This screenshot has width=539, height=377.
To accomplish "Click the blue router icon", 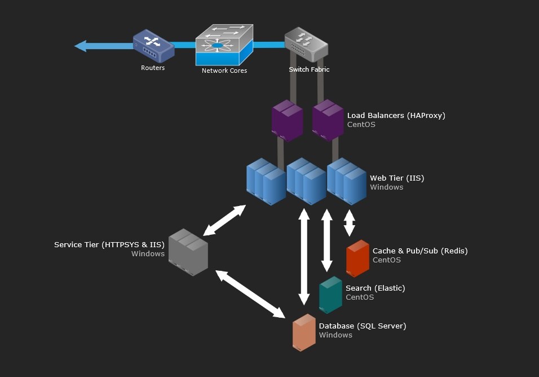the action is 154,46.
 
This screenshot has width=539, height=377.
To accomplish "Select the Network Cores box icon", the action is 224,45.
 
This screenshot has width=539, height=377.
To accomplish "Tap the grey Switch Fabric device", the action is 306,45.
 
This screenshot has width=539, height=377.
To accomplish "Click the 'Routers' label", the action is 153,68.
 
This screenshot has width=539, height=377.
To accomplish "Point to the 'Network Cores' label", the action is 224,71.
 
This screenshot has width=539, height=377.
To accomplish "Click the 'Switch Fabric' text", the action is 309,69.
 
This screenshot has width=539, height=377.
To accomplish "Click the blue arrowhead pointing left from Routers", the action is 81,46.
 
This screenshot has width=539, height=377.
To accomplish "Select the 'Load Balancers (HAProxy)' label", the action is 396,115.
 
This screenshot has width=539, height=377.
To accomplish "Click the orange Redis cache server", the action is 357,258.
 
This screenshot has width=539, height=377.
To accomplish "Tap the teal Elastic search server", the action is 330,295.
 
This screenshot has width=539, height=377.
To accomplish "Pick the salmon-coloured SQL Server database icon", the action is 304,332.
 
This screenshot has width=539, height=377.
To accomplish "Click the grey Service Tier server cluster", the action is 188,252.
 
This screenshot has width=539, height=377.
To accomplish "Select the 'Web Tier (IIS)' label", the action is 397,178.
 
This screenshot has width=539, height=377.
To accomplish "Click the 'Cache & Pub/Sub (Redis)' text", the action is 420,251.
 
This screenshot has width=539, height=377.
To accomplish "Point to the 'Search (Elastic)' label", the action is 375,288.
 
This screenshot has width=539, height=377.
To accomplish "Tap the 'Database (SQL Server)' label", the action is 363,326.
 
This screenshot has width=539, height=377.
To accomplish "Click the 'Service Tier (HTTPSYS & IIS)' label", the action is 109,244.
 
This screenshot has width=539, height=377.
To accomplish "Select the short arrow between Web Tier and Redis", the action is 349,223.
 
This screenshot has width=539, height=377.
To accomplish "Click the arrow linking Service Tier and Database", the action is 250,294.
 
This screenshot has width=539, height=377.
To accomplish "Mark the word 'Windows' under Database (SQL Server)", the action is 335,335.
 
